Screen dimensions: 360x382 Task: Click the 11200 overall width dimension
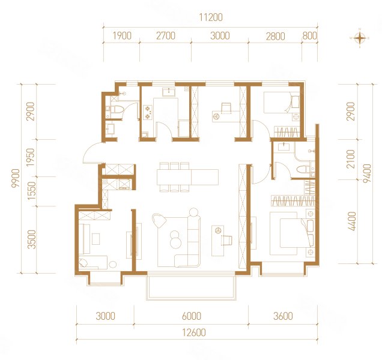208,17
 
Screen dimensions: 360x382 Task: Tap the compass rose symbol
360,38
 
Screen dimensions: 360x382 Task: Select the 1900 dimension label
121,36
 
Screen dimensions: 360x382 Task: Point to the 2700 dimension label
165,36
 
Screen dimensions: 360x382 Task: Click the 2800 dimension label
275,36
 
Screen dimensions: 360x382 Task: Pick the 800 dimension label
310,36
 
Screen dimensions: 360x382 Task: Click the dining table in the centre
188,176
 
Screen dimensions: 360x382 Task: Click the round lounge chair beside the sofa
159,221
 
